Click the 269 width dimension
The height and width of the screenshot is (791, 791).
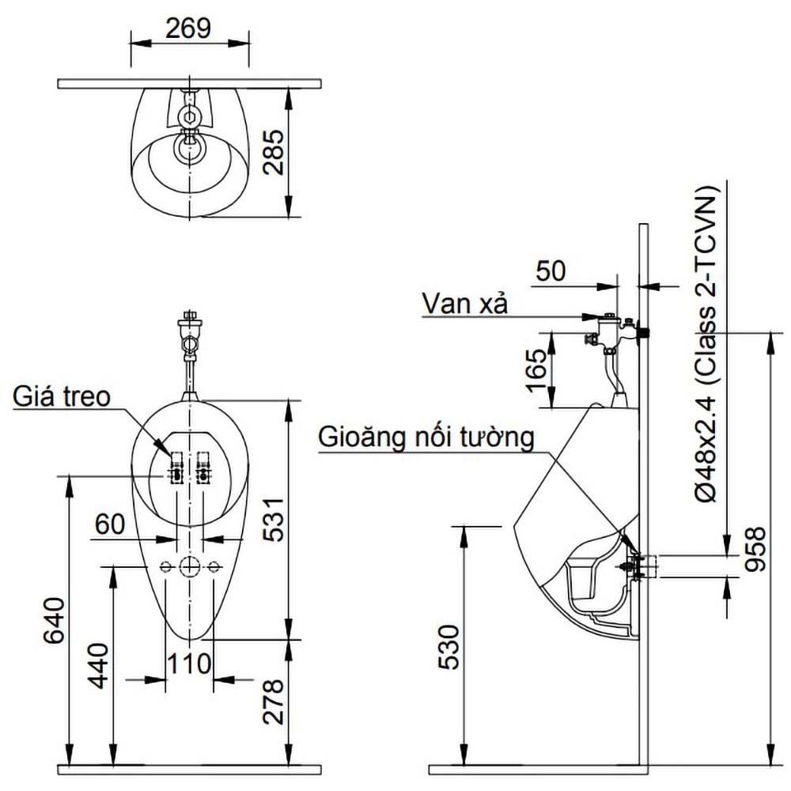point(188,28)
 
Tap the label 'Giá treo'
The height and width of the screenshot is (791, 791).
point(60,396)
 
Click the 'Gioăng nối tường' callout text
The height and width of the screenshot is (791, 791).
point(426,437)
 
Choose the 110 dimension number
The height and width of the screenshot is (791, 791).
point(188,663)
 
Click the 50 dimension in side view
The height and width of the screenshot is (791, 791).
point(551,271)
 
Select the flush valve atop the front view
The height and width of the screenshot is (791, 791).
point(188,335)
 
